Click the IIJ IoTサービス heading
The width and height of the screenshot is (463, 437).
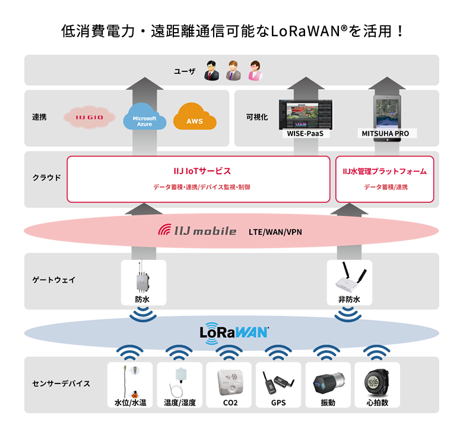[x=198, y=171]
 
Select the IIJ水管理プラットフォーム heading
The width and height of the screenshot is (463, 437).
[x=385, y=171]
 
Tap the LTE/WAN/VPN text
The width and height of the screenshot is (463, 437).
[x=275, y=231]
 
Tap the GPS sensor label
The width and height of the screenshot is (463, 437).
[x=278, y=403]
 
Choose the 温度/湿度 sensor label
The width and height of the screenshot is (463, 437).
[x=180, y=403]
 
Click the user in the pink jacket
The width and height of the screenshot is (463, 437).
[x=255, y=71]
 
